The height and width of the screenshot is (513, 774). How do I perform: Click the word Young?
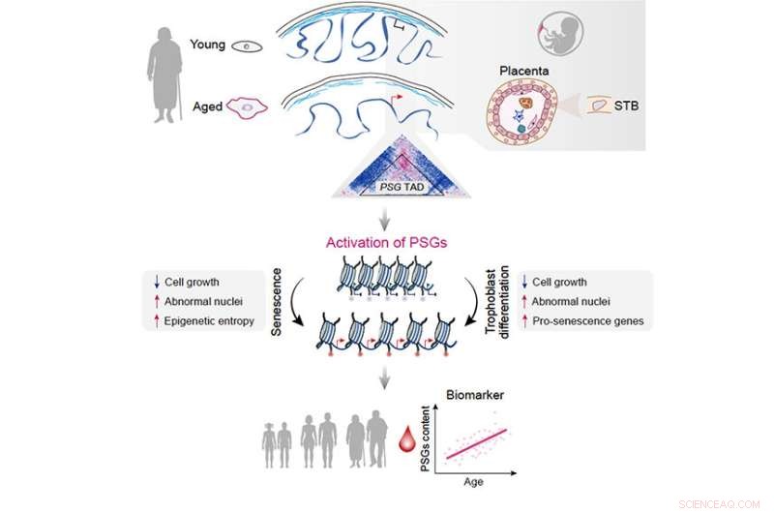(208, 45)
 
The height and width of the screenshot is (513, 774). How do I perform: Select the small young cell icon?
(253, 45)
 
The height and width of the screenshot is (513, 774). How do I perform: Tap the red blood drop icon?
(405, 445)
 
